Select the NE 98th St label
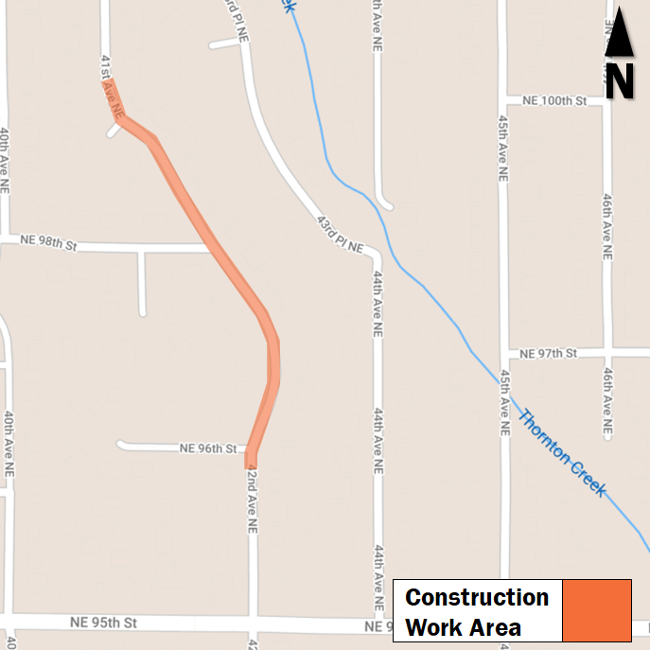point(47,246)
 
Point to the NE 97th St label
point(550,353)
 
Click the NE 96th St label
point(206,448)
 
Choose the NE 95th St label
point(103,623)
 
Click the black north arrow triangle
point(619,34)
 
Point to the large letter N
point(620,81)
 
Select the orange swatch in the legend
point(596,610)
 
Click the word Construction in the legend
point(477,598)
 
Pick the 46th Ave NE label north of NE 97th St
point(606,227)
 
